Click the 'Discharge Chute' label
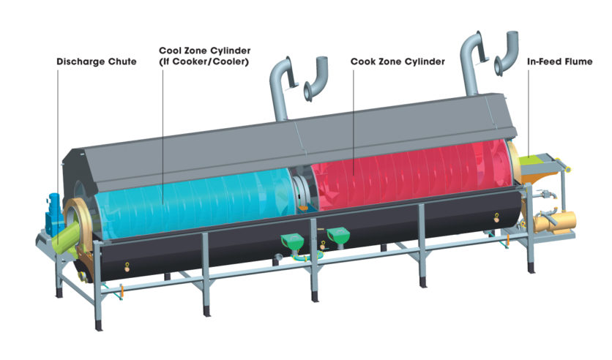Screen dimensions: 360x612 pyautogui.click(x=96, y=62)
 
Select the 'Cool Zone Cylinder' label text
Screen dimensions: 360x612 pyautogui.click(x=204, y=51)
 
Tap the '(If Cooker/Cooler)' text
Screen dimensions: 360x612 pyautogui.click(x=204, y=62)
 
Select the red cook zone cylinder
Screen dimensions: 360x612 pyautogui.click(x=410, y=179)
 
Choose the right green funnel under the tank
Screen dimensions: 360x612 pyautogui.click(x=337, y=235)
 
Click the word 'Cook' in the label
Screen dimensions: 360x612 pyautogui.click(x=363, y=62)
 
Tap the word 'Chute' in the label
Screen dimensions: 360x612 pyautogui.click(x=122, y=62)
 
